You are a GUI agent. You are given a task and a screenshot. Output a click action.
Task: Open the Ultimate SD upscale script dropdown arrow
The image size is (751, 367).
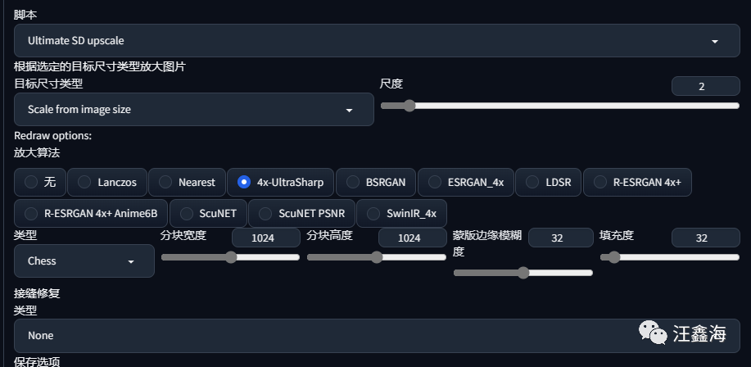[715, 42]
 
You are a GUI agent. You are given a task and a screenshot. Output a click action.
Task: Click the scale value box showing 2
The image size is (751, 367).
[705, 86]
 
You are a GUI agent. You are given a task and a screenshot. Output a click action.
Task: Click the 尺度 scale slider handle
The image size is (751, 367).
[409, 106]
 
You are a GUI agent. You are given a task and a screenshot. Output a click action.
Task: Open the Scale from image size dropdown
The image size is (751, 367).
[193, 109]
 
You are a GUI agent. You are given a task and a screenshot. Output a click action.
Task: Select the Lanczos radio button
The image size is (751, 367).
[84, 182]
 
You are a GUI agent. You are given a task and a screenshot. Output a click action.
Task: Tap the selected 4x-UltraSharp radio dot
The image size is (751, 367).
[244, 182]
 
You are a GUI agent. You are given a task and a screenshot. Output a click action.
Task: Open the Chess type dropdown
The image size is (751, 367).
[84, 261]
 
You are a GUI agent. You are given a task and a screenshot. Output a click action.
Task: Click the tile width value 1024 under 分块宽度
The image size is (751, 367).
[266, 238]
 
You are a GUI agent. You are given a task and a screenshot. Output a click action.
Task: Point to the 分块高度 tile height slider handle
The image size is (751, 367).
[377, 257]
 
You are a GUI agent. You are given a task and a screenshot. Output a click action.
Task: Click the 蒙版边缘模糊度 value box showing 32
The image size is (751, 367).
[560, 238]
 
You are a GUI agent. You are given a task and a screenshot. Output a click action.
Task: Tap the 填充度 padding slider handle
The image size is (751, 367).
[613, 257]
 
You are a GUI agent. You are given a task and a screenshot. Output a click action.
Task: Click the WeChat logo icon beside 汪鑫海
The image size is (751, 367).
[653, 333]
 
